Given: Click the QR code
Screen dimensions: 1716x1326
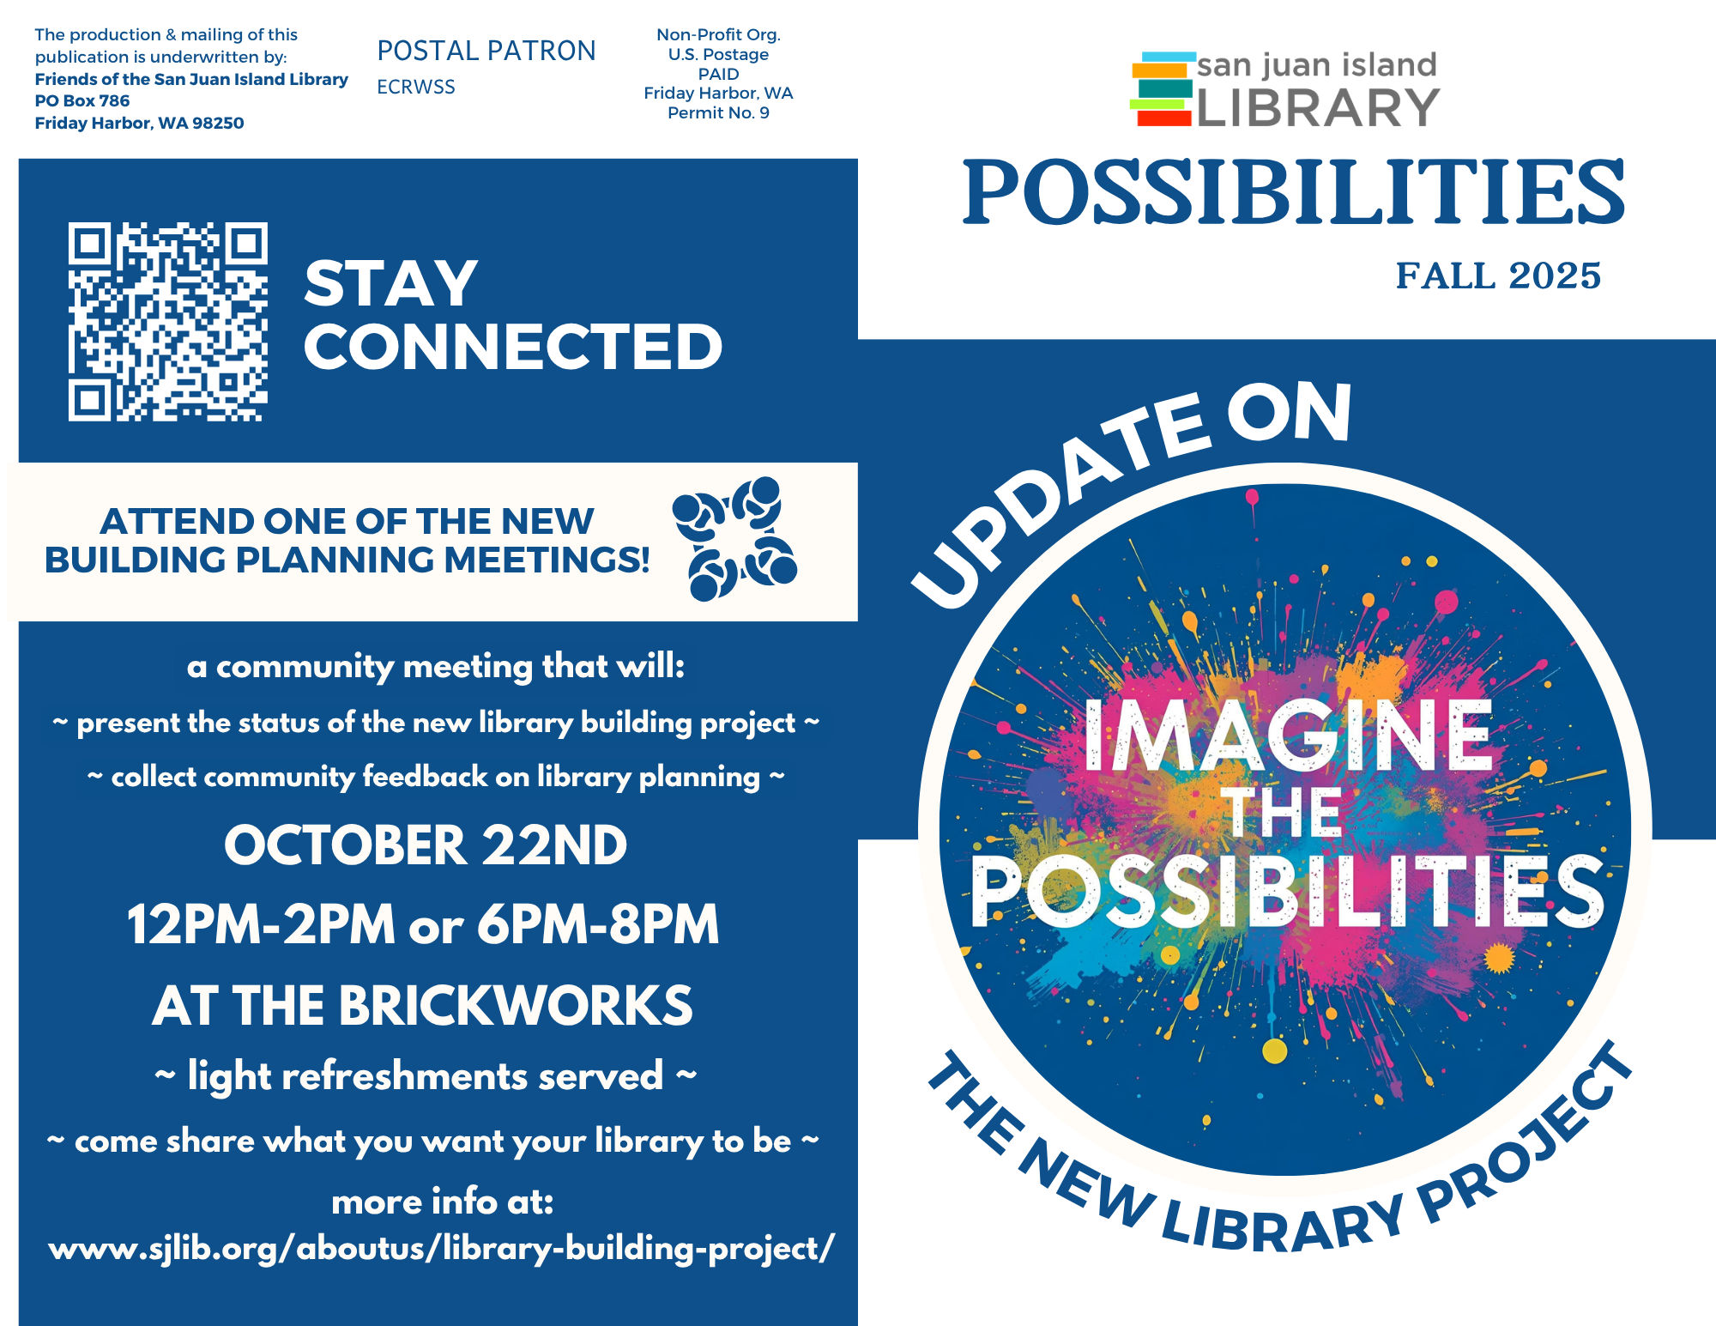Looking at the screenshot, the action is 168,322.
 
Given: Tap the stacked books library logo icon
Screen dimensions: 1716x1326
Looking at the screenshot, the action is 1163,89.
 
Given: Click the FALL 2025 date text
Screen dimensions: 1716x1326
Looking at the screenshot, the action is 1498,275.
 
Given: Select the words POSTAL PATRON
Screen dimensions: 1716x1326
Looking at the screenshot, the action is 486,51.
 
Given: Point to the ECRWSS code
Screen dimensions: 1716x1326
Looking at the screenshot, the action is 416,87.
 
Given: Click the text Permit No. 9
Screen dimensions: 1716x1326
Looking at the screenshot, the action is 718,112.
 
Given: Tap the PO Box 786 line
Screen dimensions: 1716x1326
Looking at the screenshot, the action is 82,100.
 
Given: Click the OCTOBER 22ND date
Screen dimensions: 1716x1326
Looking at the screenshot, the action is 426,845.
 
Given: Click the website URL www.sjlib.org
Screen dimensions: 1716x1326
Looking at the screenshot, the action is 441,1249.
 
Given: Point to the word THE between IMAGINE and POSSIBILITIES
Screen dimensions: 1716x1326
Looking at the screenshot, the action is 1282,812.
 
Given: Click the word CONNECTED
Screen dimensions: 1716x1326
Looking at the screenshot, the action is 513,347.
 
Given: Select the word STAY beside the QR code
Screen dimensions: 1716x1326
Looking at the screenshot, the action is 391,283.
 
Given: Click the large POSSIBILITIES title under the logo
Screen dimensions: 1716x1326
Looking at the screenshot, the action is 1294,192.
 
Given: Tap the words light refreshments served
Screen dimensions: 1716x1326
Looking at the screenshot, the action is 426,1076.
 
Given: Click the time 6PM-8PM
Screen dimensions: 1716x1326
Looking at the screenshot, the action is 598,924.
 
